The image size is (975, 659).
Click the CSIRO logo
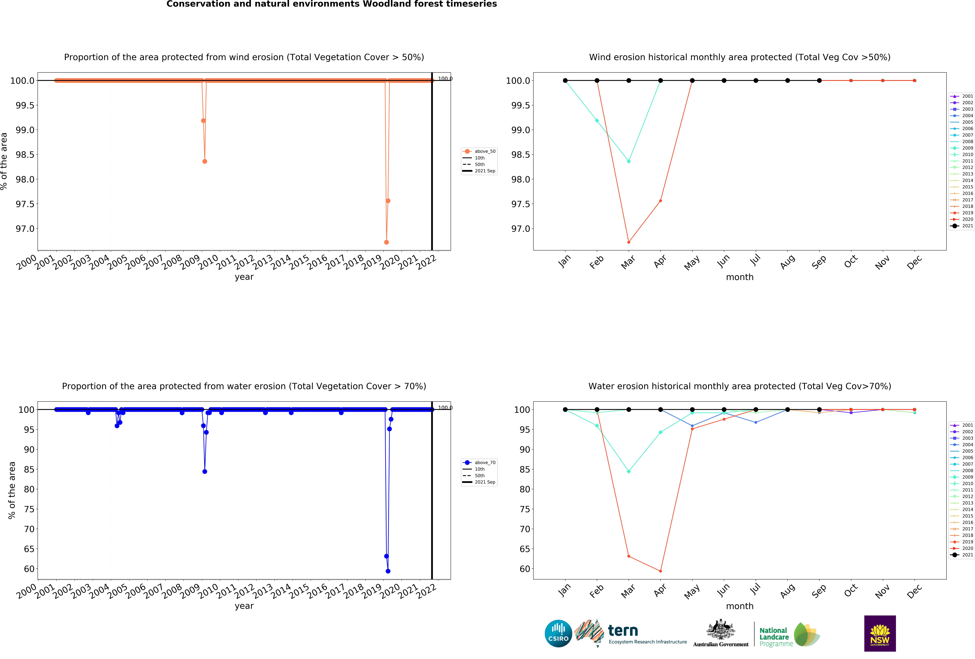558,633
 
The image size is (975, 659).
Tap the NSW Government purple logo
880,633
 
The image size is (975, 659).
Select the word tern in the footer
623,630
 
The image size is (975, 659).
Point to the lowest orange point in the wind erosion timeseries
386,242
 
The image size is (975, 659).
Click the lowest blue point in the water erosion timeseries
388,571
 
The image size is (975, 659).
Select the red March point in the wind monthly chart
628,242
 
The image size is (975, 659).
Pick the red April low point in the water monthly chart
660,571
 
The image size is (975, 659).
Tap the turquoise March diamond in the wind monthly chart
628,161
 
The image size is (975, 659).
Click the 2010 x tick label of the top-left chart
208,262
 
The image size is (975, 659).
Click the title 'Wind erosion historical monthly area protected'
740,57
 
